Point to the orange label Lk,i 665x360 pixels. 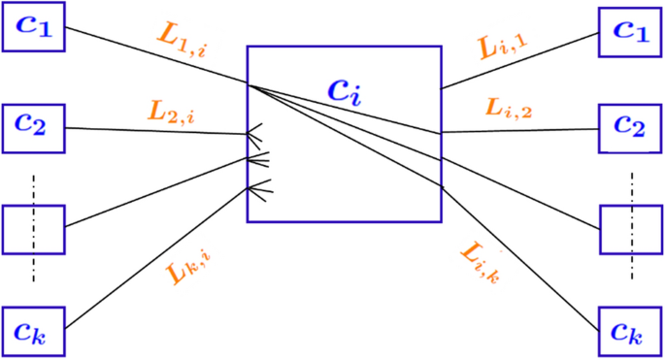(x=193, y=272)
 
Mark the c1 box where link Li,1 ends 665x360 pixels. (x=630, y=29)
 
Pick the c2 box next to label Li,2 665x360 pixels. (x=630, y=125)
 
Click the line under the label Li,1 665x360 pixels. (x=519, y=59)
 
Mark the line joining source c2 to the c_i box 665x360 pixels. (x=155, y=130)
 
